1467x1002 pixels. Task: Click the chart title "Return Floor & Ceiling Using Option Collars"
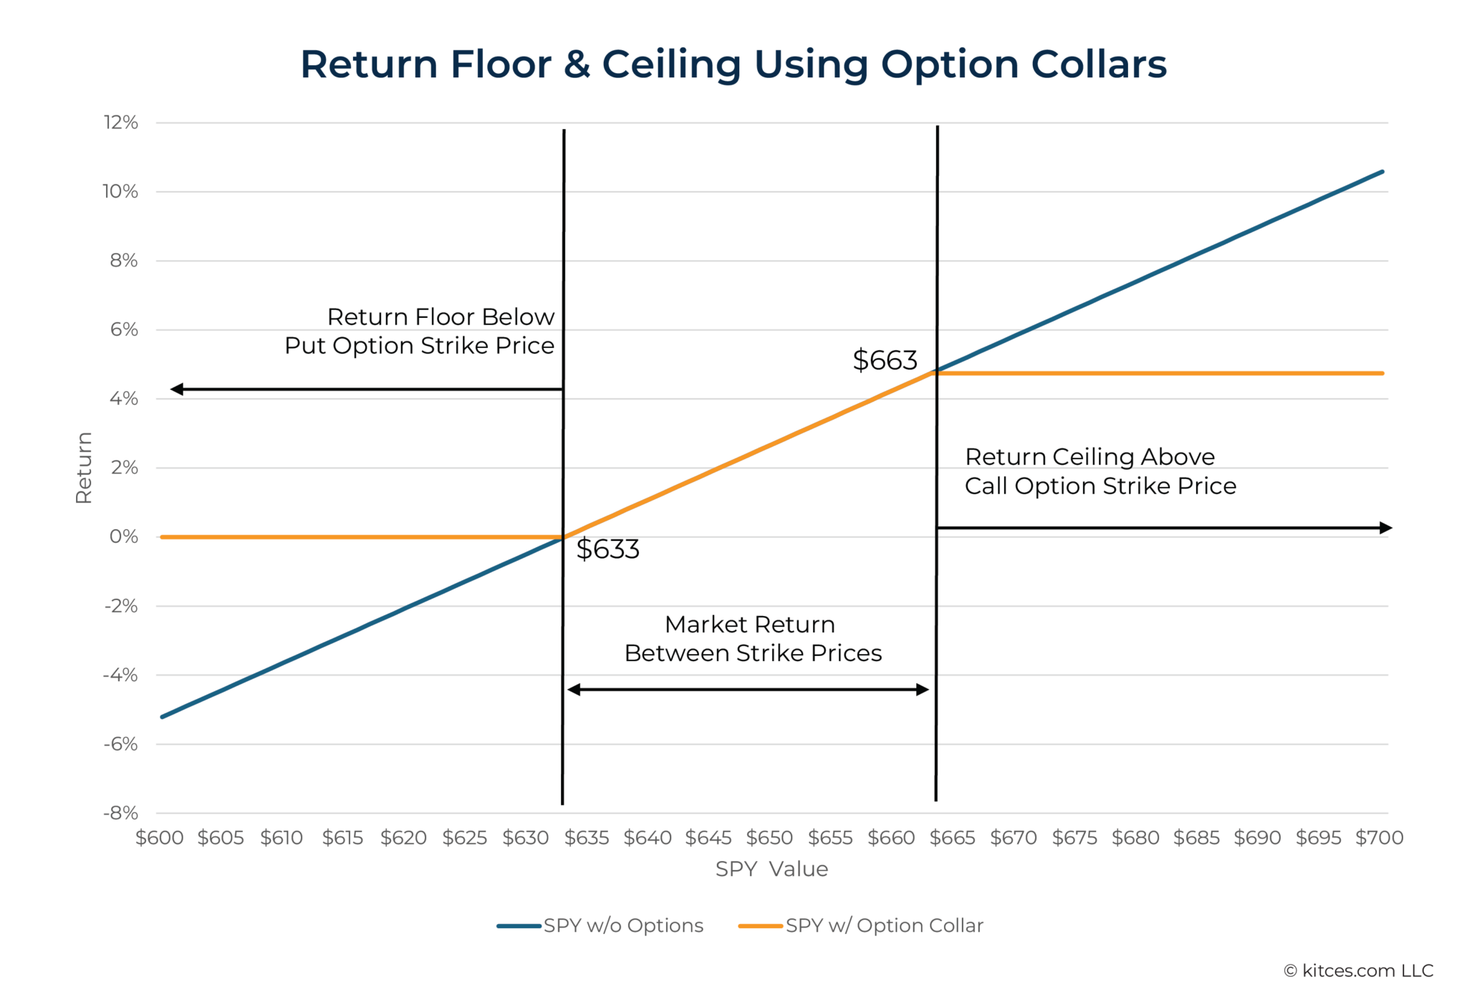tap(733, 64)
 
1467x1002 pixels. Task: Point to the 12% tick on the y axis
tap(121, 122)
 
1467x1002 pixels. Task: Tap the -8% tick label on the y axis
tap(121, 813)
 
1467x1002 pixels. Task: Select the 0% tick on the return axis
tap(124, 536)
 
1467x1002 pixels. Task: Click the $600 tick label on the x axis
tap(160, 837)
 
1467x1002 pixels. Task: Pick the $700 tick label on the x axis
tap(1379, 837)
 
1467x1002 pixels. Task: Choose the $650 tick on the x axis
tap(769, 837)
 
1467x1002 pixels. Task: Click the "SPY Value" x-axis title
tap(771, 869)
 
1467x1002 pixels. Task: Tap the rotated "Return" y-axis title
tap(84, 468)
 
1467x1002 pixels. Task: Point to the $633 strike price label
tap(607, 549)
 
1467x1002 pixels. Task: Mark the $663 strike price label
tap(885, 360)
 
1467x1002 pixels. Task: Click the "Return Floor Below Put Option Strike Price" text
tap(420, 331)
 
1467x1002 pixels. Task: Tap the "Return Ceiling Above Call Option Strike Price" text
tap(1100, 471)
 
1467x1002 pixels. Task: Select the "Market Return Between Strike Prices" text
tap(752, 639)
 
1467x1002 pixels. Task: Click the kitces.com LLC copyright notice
tap(1358, 970)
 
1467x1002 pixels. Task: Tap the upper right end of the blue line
tap(1382, 172)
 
